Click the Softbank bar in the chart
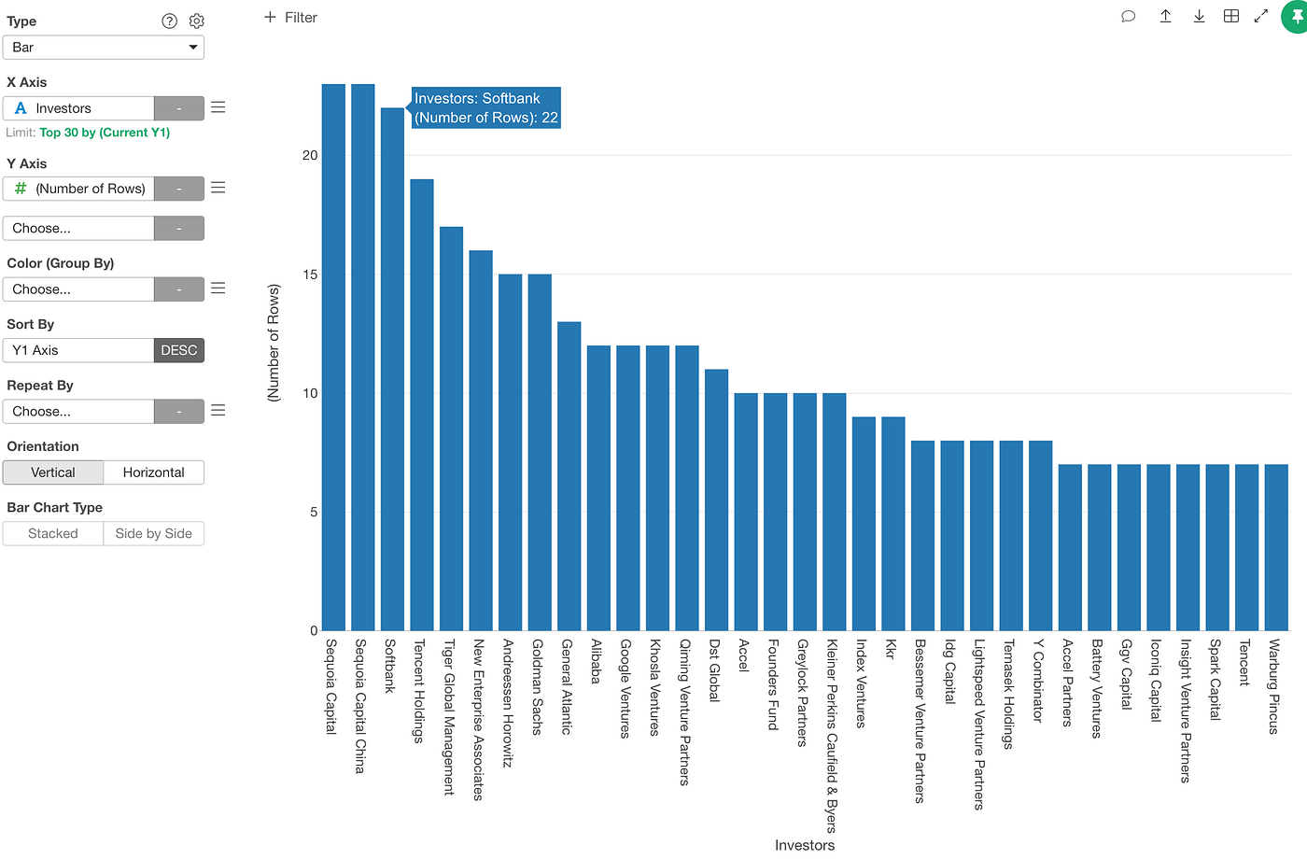click(x=392, y=373)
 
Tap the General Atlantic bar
click(x=569, y=476)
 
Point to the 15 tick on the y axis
click(x=310, y=275)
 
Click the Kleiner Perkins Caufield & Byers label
click(x=831, y=736)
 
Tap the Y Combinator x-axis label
click(x=1038, y=680)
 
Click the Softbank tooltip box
click(x=485, y=107)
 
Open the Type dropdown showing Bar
click(x=104, y=48)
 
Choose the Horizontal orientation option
click(x=153, y=472)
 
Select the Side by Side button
click(x=153, y=534)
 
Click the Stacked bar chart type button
click(x=53, y=534)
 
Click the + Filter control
click(x=290, y=18)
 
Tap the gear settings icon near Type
click(x=197, y=21)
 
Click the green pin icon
click(x=1296, y=17)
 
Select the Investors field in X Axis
click(x=78, y=108)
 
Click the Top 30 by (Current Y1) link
click(x=105, y=133)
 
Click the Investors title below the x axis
click(x=804, y=845)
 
